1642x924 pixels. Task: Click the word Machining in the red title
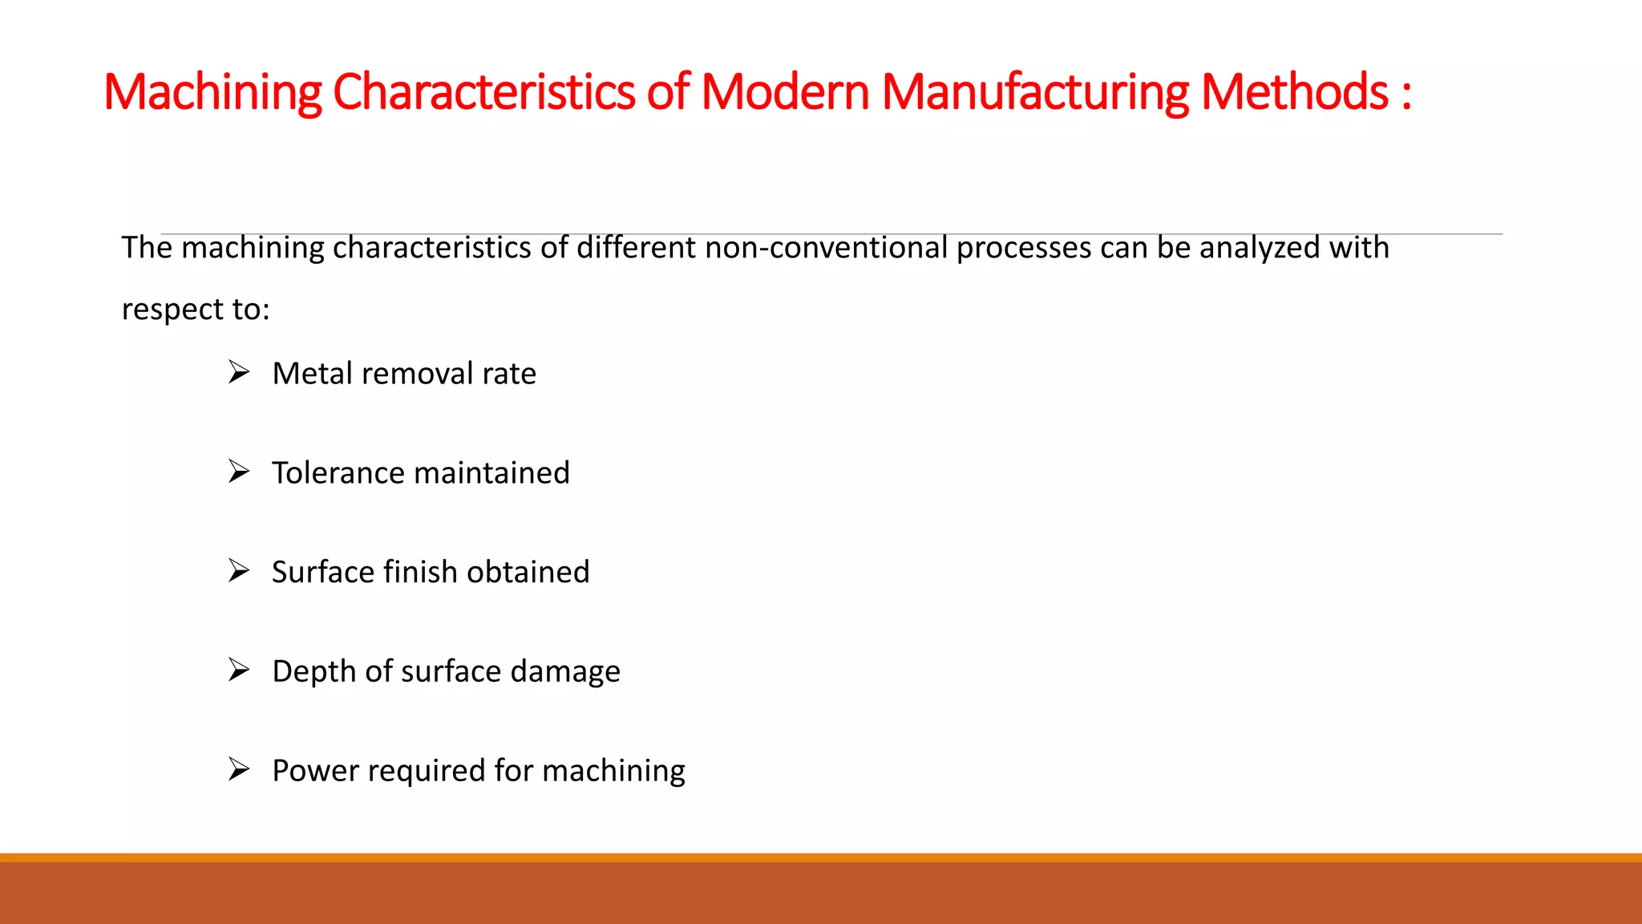point(212,92)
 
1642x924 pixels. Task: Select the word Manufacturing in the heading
point(1035,92)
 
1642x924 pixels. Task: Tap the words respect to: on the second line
point(196,310)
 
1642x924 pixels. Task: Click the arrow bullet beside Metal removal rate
point(238,372)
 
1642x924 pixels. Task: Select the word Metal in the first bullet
point(311,374)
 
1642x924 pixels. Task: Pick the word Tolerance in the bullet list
point(338,473)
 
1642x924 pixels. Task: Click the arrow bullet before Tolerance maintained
point(238,472)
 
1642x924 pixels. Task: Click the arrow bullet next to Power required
point(238,769)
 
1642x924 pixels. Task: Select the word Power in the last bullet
point(315,771)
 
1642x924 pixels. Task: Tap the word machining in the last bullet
point(613,771)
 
